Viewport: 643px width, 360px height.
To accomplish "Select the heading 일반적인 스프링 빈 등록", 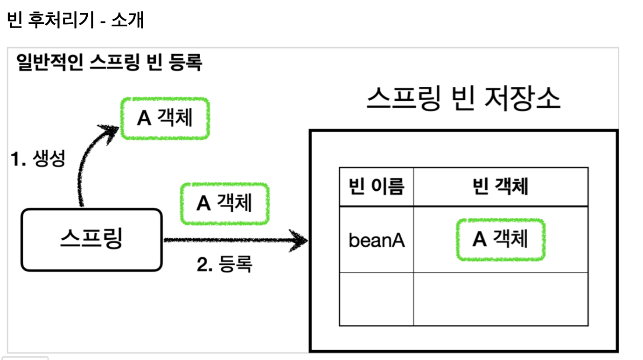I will click(x=109, y=63).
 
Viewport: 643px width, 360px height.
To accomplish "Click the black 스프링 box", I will click(x=91, y=240).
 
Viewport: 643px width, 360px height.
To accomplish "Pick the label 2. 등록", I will click(x=224, y=265).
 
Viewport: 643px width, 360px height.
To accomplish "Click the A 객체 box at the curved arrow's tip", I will click(x=165, y=118).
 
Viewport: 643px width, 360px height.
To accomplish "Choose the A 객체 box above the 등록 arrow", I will click(x=225, y=203).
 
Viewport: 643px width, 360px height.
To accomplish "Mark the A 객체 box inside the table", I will click(x=500, y=240).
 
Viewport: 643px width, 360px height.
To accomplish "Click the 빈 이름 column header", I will click(x=376, y=187).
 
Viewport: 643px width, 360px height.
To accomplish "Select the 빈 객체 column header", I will click(x=500, y=187).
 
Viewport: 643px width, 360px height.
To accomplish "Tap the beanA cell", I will click(x=376, y=241).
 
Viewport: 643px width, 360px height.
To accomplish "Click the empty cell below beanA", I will click(x=376, y=299).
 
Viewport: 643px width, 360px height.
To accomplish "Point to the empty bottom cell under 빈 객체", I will click(x=500, y=299).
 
